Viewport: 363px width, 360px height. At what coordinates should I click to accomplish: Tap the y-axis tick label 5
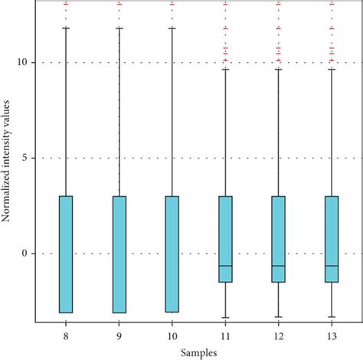pyautogui.click(x=30, y=158)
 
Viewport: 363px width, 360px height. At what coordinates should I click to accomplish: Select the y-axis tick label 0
pyautogui.click(x=30, y=254)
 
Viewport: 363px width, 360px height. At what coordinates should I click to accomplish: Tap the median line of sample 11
pyautogui.click(x=225, y=266)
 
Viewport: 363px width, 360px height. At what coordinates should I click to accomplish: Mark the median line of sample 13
pyautogui.click(x=331, y=266)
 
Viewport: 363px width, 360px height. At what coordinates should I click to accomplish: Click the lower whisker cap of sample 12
pyautogui.click(x=278, y=316)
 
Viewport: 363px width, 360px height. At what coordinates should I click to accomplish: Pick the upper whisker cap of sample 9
pyautogui.click(x=119, y=28)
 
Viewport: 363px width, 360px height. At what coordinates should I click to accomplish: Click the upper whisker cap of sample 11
pyautogui.click(x=225, y=69)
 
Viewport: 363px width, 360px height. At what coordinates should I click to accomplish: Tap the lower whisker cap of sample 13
pyautogui.click(x=331, y=316)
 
